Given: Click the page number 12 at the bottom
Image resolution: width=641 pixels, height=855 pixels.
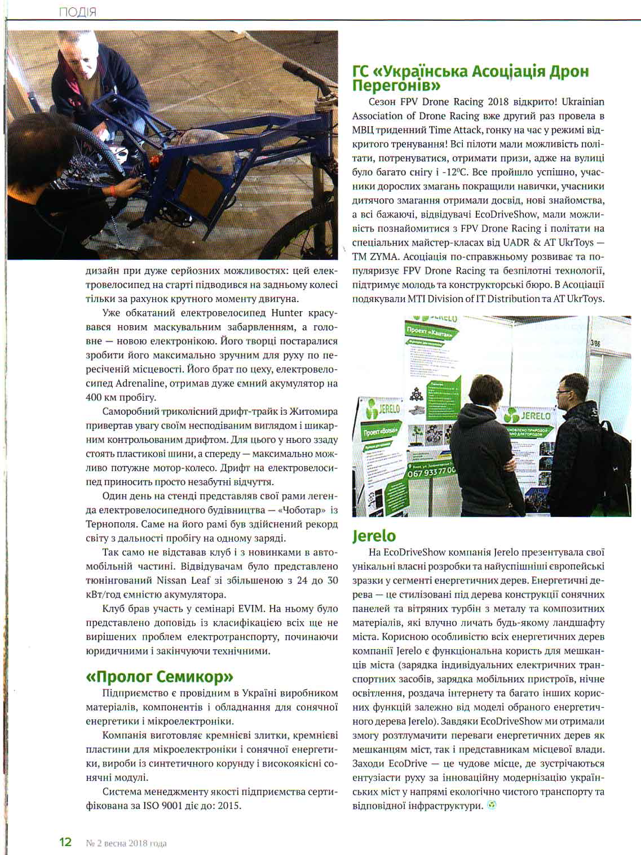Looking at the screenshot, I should (65, 842).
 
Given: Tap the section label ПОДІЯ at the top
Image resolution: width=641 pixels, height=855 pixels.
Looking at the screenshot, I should (77, 12).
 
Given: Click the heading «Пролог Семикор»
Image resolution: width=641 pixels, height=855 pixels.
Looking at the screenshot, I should (160, 676).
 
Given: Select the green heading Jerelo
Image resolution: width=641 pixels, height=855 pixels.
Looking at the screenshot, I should (374, 535).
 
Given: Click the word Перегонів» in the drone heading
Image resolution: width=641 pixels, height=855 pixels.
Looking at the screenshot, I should (396, 86).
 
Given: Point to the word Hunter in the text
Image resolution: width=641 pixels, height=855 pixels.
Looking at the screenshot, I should (287, 313).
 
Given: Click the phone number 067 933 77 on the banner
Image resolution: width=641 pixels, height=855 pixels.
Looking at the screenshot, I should (431, 471).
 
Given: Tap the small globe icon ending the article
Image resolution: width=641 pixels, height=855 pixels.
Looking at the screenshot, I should (492, 805).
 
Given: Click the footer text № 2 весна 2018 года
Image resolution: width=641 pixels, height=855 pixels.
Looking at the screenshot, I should (126, 843).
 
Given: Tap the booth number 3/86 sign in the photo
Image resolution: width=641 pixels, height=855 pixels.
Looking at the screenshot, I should (595, 343).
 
